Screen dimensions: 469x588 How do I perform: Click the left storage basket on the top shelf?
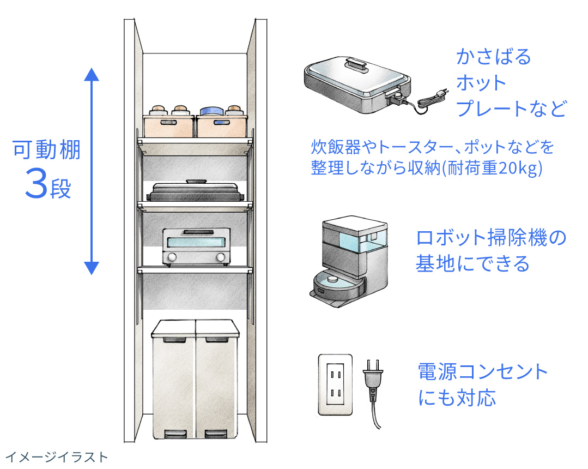point(168,125)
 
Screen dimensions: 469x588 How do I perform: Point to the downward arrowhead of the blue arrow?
point(92,267)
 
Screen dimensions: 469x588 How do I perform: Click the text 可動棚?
point(47,149)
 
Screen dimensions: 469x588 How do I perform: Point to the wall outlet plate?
point(335,384)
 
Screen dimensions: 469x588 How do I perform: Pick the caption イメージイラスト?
point(57,457)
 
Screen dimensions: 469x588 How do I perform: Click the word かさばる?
point(493,57)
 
